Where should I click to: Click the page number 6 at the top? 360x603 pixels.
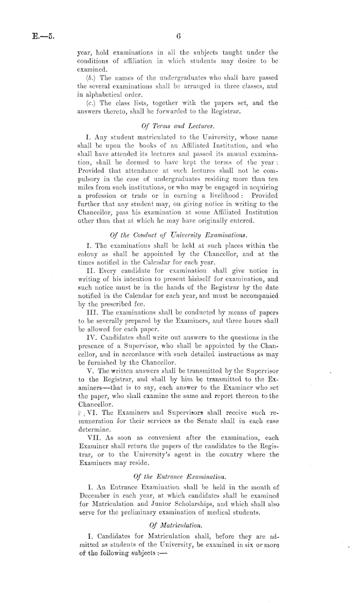click(x=179, y=37)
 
